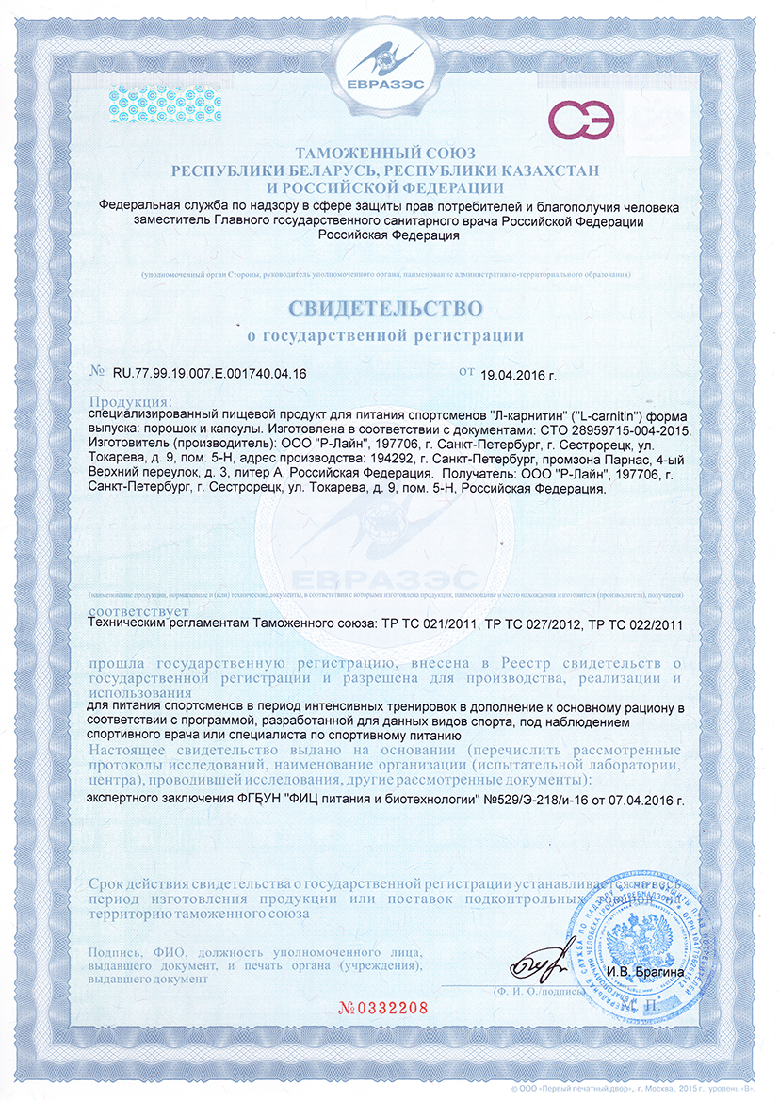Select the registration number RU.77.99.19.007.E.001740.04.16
click(x=209, y=373)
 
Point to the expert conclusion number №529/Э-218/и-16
click(x=537, y=799)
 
